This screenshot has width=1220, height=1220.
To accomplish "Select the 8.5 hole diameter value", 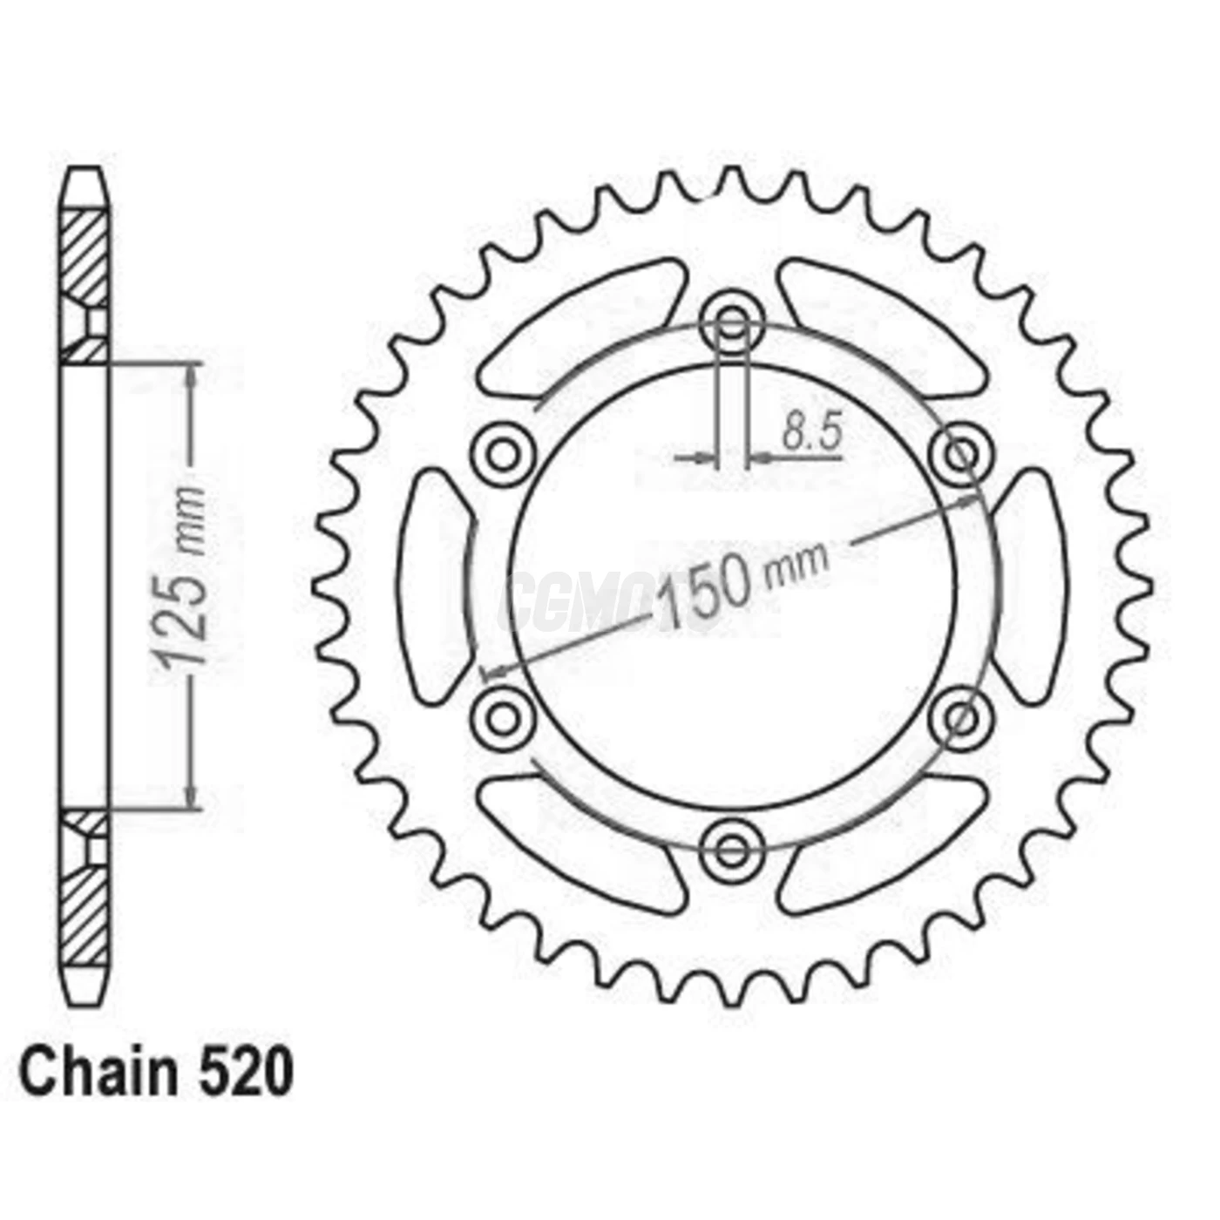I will tap(811, 432).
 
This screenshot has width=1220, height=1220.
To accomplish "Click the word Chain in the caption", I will tap(97, 1074).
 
